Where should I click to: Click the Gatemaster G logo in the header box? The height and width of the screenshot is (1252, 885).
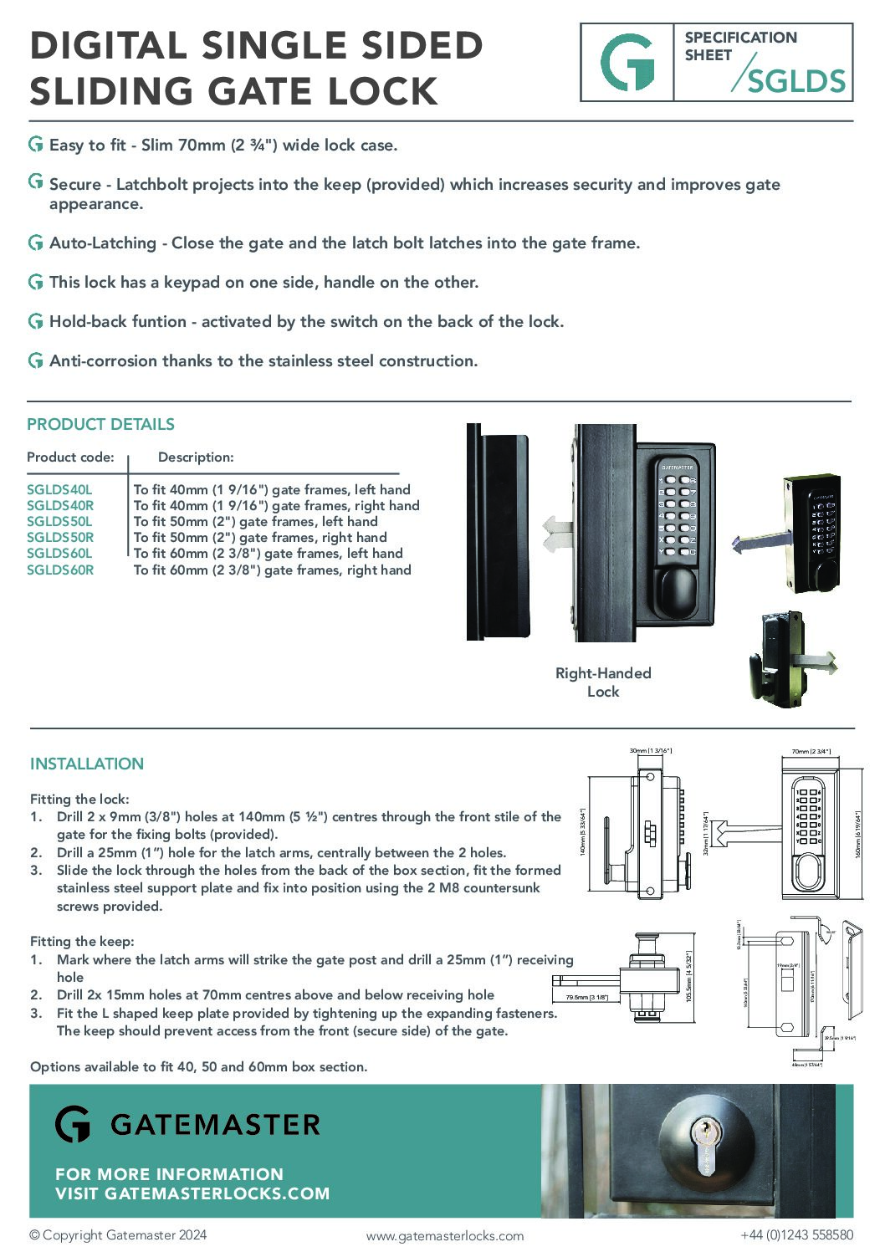point(627,63)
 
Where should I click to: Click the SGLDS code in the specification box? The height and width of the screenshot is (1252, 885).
point(795,81)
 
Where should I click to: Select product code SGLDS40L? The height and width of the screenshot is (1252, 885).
point(59,490)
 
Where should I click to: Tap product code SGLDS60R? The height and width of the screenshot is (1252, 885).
point(60,570)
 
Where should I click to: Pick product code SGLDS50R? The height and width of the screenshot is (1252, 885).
point(60,538)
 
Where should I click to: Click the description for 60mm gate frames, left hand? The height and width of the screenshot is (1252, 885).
point(268,554)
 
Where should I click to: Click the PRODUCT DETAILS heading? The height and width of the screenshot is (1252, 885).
point(100,425)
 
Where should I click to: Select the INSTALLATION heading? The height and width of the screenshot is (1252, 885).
point(87,764)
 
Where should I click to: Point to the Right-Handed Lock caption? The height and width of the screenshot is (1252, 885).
point(603,682)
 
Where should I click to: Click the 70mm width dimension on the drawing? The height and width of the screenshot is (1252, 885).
point(811,752)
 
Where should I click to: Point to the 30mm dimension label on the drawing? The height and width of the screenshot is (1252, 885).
point(650,751)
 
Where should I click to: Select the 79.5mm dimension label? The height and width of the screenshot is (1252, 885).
point(586,998)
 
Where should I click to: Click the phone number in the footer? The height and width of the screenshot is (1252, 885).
point(796,1235)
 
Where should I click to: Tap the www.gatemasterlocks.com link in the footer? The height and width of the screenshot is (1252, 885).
point(445,1236)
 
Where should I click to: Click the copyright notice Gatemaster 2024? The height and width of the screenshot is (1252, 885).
point(118,1235)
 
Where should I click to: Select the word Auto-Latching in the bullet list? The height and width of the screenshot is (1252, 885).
point(103,243)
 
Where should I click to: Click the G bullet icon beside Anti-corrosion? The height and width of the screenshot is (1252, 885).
point(36,361)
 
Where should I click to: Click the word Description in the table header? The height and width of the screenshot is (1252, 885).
point(196,457)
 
